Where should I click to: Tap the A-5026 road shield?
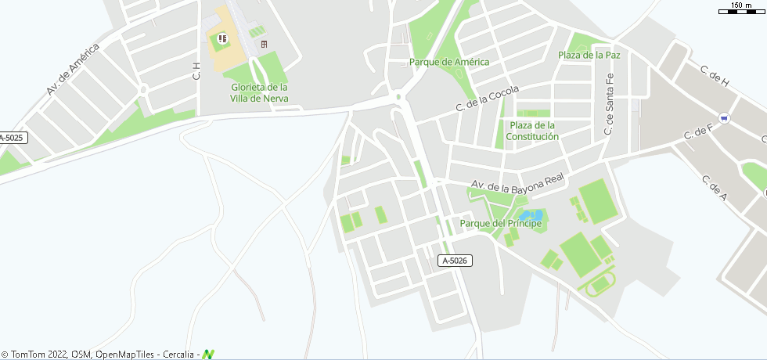click(x=455, y=261)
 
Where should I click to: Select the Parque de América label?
click(x=449, y=62)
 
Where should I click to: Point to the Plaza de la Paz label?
click(x=589, y=55)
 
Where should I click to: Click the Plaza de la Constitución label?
click(x=532, y=131)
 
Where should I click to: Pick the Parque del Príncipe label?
click(x=501, y=224)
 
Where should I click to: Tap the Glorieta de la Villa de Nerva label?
click(x=259, y=92)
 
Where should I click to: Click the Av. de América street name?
click(x=73, y=70)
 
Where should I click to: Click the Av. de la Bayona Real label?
click(x=517, y=185)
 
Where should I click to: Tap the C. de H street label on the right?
click(x=715, y=77)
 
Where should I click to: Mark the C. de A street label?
click(x=715, y=187)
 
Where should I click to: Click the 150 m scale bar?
click(x=740, y=9)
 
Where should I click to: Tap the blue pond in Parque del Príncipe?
click(x=531, y=214)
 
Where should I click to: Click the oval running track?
click(x=602, y=283)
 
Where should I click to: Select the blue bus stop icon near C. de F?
click(x=725, y=118)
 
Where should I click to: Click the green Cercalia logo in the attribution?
click(x=208, y=355)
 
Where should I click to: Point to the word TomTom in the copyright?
click(x=29, y=355)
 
